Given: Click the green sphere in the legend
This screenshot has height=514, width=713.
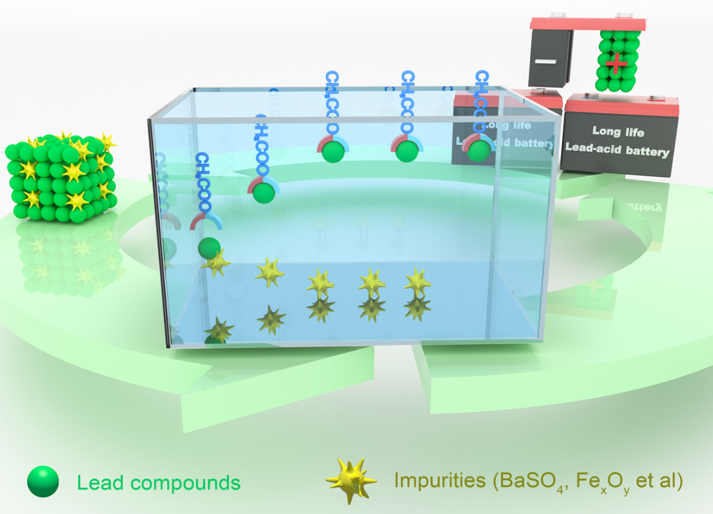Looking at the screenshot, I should click(43, 482).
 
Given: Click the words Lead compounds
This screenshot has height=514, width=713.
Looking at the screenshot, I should click(159, 483).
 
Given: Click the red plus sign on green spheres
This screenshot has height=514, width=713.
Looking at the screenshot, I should click(616, 64).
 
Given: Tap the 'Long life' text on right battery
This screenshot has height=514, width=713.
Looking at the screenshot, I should click(618, 131).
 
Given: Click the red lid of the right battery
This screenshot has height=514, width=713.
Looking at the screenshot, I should click(622, 104).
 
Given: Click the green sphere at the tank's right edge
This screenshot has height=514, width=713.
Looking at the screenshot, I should click(479, 149).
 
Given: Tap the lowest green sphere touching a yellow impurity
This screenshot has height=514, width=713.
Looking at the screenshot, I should click(209, 248).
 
